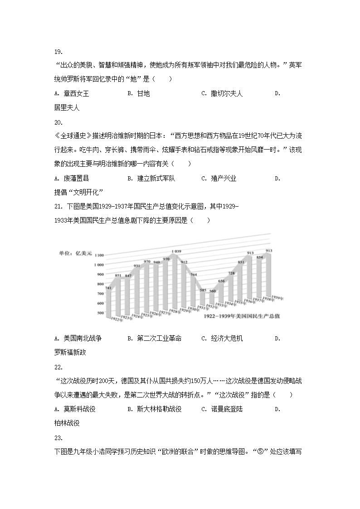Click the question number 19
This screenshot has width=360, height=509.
tap(58, 52)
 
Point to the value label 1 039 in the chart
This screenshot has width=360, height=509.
tap(177, 251)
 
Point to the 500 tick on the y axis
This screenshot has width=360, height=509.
tap(99, 313)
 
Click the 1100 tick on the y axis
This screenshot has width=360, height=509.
tap(99, 256)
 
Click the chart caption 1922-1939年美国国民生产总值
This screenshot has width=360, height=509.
tap(242, 316)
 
